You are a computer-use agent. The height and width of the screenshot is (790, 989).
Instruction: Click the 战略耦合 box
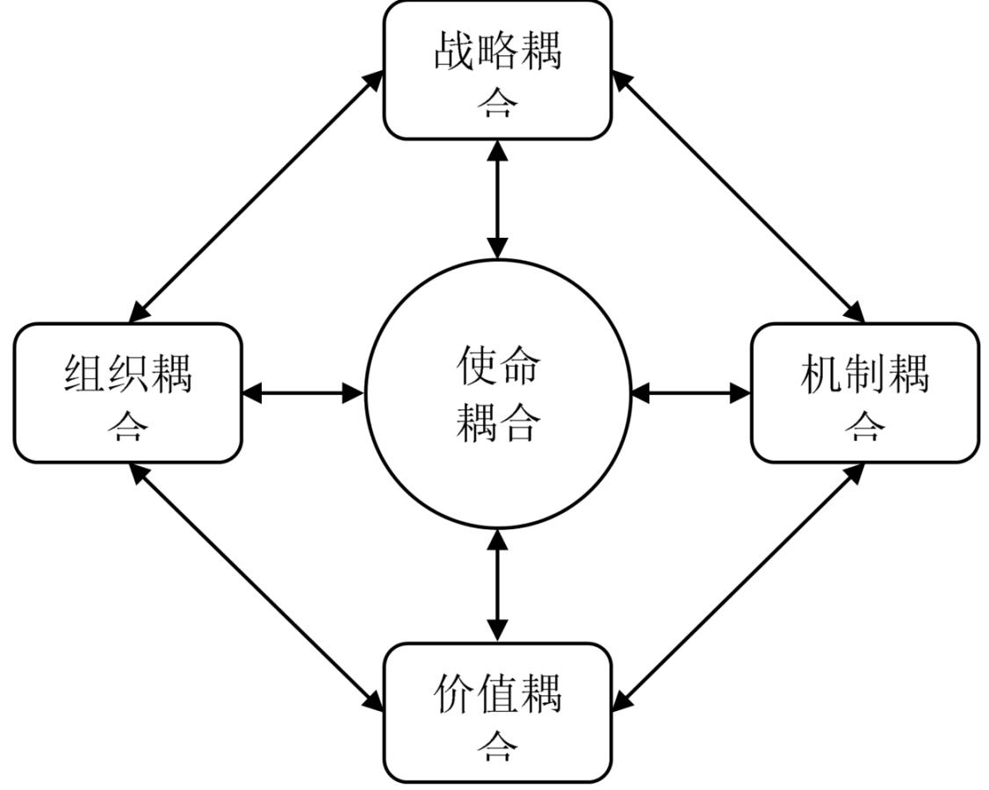click(x=498, y=70)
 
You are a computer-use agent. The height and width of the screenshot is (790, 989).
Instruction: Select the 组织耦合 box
click(x=128, y=393)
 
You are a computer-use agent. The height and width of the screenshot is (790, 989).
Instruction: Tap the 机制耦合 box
click(x=865, y=393)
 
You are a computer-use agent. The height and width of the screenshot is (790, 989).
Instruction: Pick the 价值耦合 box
click(x=498, y=713)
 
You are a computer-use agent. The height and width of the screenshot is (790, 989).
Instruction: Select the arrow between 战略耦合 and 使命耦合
click(x=498, y=199)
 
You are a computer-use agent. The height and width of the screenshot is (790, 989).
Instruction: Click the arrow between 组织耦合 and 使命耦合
click(x=303, y=393)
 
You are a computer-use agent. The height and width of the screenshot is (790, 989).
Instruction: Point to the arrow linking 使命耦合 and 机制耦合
click(x=691, y=393)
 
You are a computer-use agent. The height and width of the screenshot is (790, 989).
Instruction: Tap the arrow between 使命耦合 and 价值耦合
click(x=498, y=585)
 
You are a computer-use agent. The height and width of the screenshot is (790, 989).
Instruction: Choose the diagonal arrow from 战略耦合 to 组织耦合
click(x=256, y=197)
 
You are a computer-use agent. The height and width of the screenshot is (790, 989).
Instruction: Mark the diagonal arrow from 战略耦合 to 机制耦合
click(x=739, y=197)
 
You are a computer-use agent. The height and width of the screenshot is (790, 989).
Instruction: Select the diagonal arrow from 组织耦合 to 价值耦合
click(x=256, y=588)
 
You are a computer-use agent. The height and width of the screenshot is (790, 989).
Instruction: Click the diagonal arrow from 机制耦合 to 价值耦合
click(x=739, y=588)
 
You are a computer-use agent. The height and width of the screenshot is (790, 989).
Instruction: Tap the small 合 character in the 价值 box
click(x=498, y=748)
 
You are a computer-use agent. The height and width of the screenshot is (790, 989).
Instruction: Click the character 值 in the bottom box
click(x=498, y=693)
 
